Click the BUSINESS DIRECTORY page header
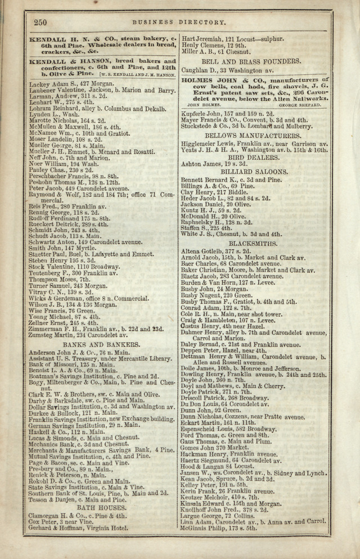pyautogui.click(x=178, y=23)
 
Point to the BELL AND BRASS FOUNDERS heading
pyautogui.click(x=251, y=61)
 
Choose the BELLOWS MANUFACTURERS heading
pyautogui.click(x=251, y=136)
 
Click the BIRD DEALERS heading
pyautogui.click(x=251, y=158)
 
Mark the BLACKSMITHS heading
pyautogui.click(x=251, y=244)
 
